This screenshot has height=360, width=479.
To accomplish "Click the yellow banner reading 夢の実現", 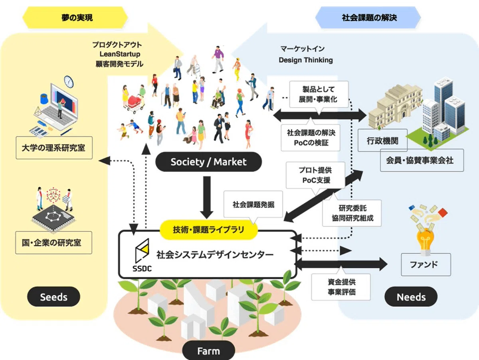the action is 75,18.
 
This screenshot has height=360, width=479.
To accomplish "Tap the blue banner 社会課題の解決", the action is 368,18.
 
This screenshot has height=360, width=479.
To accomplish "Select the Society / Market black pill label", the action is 208,162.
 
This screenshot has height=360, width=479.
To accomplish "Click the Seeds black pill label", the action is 53,296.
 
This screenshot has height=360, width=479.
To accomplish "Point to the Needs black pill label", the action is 411,296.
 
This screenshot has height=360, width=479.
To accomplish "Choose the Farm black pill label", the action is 208,351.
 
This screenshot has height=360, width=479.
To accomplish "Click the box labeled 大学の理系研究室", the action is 54,148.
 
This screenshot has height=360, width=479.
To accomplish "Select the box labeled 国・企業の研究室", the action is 53,243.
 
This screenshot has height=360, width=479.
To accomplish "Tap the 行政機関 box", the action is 382,140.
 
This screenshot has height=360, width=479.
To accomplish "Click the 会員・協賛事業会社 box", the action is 422,160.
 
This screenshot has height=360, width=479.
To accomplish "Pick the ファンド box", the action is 426,265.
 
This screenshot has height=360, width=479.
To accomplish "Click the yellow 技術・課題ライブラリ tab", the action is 209,230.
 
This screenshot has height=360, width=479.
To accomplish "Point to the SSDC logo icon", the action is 142,251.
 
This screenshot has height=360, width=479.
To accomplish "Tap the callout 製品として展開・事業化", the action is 319,94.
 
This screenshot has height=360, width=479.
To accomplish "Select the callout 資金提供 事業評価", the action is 341,286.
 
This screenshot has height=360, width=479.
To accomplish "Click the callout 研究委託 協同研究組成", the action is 352,213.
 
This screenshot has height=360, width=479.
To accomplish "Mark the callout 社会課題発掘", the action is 253,205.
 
